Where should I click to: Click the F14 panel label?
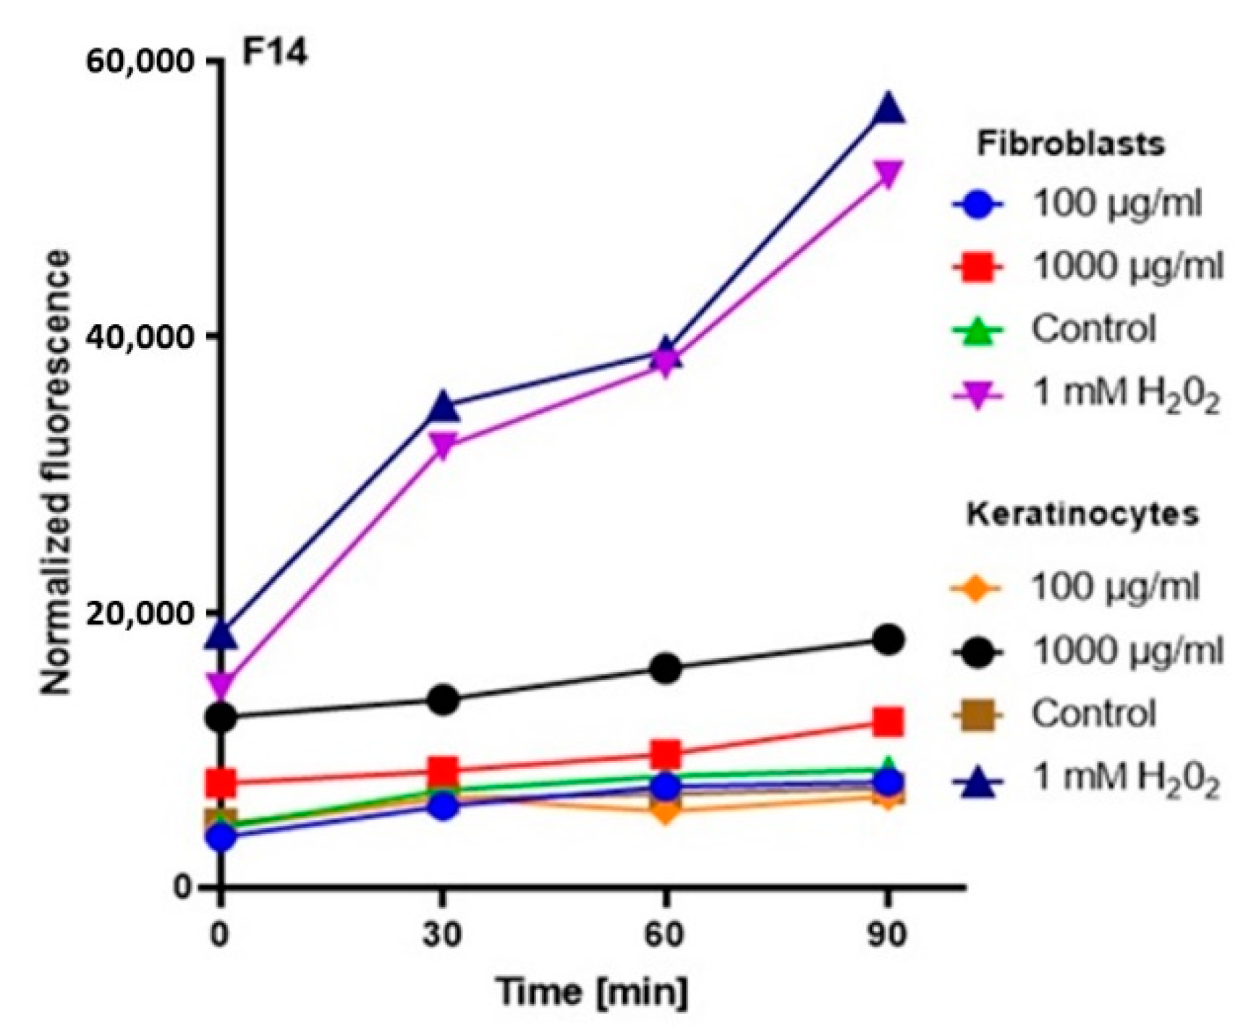[x=274, y=54]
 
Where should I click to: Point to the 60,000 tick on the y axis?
[x=131, y=61]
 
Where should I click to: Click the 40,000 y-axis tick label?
[x=131, y=336]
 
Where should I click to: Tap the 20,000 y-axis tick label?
[x=131, y=612]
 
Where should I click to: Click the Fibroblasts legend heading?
[x=1071, y=145]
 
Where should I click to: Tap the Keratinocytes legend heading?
[x=1082, y=514]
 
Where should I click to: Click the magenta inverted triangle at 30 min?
[x=443, y=444]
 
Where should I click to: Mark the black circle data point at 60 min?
[x=666, y=668]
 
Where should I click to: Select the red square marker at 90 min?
[x=888, y=722]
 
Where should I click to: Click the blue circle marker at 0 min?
[x=221, y=838]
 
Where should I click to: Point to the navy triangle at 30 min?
[x=443, y=406]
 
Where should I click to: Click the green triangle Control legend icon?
[x=978, y=331]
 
